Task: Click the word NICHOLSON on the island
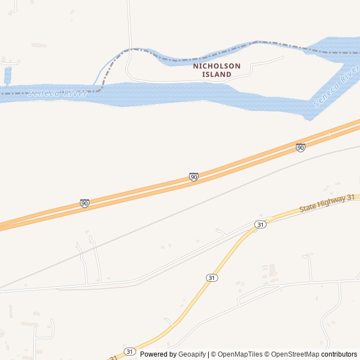pyautogui.click(x=217, y=66)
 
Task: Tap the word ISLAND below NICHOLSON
pyautogui.click(x=217, y=74)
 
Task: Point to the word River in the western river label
pyautogui.click(x=75, y=93)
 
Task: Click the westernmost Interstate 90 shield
pyautogui.click(x=84, y=203)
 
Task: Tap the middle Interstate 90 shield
pyautogui.click(x=193, y=177)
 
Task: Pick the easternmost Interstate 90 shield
pyautogui.click(x=300, y=147)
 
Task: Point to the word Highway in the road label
pyautogui.click(x=332, y=201)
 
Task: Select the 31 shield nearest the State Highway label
pyautogui.click(x=259, y=224)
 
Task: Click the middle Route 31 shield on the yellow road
pyautogui.click(x=211, y=278)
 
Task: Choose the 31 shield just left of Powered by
pyautogui.click(x=130, y=351)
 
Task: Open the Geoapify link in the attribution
pyautogui.click(x=192, y=354)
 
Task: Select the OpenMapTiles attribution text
pyautogui.click(x=240, y=354)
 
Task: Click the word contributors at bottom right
pyautogui.click(x=339, y=354)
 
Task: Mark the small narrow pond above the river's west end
pyautogui.click(x=7, y=75)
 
